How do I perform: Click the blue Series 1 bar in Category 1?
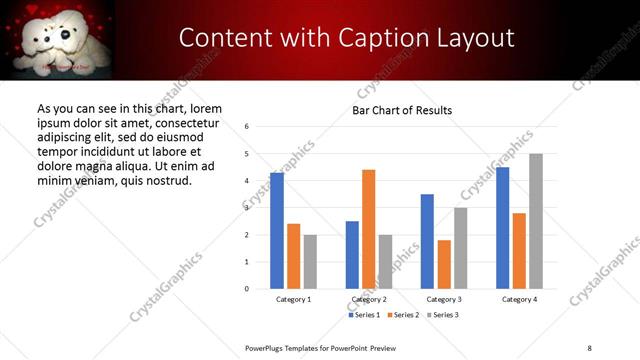coord(277,231)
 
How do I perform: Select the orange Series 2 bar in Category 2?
coord(369,229)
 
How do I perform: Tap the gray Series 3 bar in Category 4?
coord(536,221)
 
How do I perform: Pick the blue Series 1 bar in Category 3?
coord(427,241)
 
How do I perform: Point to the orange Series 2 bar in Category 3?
coord(444,264)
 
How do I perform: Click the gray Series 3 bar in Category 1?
coord(310,261)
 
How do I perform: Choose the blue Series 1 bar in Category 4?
coord(503,228)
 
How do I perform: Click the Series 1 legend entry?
coord(365,315)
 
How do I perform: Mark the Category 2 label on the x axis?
coord(369,299)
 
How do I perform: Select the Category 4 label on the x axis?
coord(519,299)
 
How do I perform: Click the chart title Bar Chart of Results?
coord(402,110)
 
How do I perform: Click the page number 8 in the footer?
coord(589,347)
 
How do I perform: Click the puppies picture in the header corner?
coord(58,38)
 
